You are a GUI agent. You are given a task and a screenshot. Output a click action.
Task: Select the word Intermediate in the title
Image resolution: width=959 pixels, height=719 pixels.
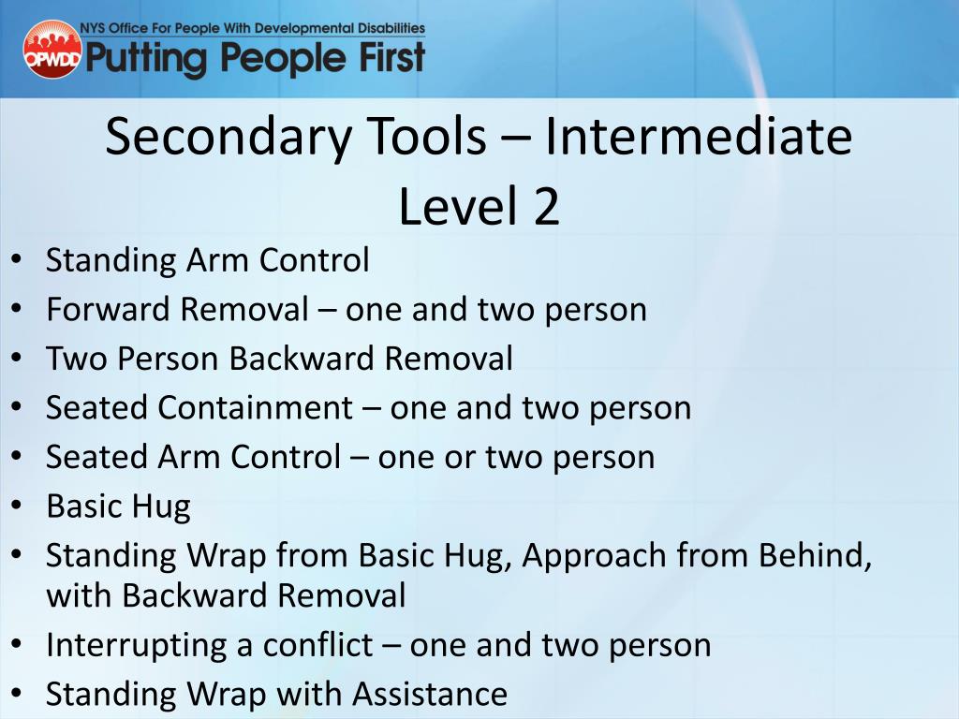[x=699, y=137]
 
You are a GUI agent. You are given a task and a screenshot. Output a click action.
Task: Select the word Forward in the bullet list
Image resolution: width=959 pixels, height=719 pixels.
[x=109, y=309]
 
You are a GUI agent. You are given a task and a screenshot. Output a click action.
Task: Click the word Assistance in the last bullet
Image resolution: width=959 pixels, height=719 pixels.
[x=430, y=694]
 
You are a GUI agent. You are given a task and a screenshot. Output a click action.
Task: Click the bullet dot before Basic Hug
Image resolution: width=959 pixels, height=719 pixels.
[x=19, y=506]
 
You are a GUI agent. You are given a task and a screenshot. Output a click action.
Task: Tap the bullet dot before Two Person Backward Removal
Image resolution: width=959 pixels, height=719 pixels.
[x=19, y=359]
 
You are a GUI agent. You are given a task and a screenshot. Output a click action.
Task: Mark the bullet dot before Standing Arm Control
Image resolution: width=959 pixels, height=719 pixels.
[x=19, y=260]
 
